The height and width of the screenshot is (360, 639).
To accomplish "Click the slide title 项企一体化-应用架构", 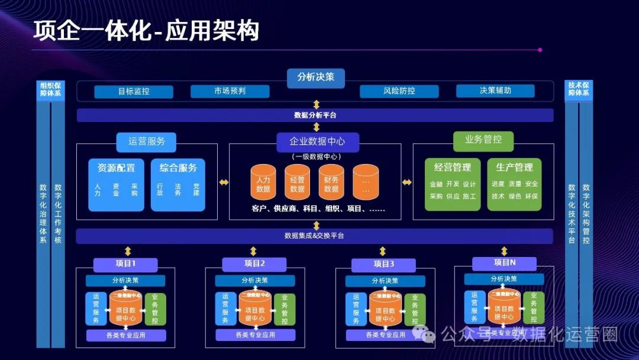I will click(x=146, y=31).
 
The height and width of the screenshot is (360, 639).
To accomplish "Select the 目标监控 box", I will click(x=134, y=92).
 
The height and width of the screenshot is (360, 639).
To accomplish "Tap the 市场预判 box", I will click(x=230, y=91).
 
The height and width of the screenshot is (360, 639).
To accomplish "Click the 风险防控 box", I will click(x=399, y=91).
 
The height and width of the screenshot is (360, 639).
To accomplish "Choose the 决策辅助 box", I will click(x=495, y=91).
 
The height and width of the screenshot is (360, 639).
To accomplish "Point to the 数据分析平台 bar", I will click(x=315, y=115).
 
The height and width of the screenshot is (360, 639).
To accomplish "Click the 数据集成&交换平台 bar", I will click(x=315, y=236).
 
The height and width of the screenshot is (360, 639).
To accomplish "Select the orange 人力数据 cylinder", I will click(x=263, y=182).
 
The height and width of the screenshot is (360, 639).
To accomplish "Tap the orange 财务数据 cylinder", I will click(x=331, y=182).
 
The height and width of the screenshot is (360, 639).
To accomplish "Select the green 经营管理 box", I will click(x=453, y=184).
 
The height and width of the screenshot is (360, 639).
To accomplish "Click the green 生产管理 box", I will click(x=514, y=184).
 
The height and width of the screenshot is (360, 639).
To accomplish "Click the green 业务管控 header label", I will click(x=483, y=140).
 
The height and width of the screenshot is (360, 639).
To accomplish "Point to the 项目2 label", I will click(x=254, y=264).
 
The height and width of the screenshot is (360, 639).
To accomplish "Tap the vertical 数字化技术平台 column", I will click(x=571, y=213).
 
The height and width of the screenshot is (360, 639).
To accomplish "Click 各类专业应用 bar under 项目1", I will click(x=125, y=335).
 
